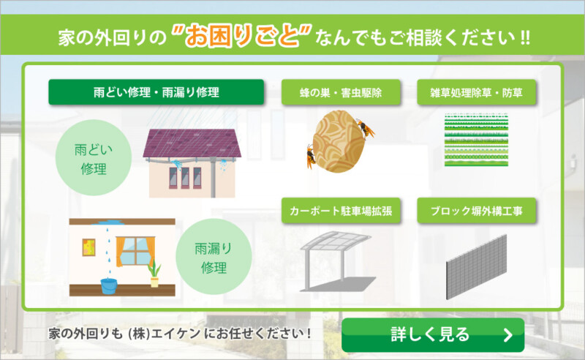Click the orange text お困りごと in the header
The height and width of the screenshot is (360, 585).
(x=241, y=37)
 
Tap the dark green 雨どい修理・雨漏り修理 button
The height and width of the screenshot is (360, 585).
(x=156, y=92)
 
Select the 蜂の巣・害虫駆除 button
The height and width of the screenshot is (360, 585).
(x=341, y=92)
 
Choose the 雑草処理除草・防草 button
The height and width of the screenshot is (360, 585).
(x=477, y=92)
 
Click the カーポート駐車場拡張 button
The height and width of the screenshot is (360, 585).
(x=341, y=211)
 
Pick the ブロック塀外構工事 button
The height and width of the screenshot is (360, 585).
(x=477, y=211)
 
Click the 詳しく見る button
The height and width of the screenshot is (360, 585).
(x=433, y=334)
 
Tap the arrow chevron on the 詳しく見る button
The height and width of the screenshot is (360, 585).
(x=507, y=335)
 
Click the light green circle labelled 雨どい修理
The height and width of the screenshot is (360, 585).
(x=94, y=157)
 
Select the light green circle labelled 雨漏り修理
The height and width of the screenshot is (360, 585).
(x=214, y=257)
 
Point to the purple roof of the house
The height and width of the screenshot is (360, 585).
(x=192, y=143)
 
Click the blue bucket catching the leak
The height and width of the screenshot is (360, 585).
(x=109, y=285)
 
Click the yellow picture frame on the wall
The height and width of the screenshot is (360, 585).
(x=88, y=247)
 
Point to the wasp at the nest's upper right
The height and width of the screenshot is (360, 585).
(x=366, y=128)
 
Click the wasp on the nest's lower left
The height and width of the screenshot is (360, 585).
(x=310, y=156)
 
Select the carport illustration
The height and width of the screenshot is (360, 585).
(x=338, y=261)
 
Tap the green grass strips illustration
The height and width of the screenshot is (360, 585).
(x=477, y=139)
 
